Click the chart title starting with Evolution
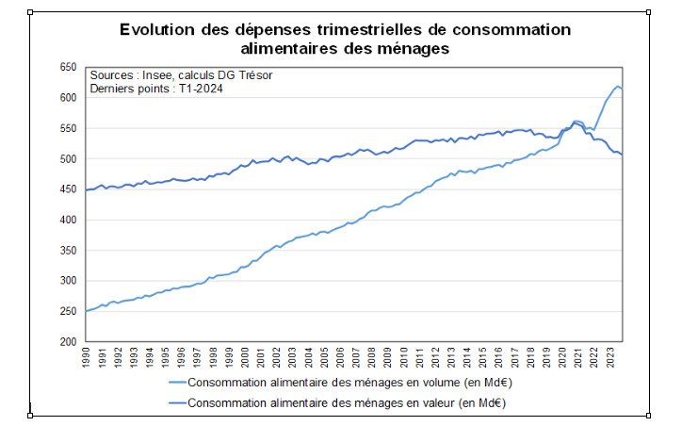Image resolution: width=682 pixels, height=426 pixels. point(345,38)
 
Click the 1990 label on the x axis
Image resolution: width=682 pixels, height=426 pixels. point(87,359)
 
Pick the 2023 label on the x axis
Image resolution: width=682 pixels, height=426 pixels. point(613,359)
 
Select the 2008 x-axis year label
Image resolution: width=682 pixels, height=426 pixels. point(374,359)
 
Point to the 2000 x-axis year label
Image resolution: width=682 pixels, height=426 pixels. point(246,359)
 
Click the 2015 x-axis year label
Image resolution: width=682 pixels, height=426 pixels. point(485,359)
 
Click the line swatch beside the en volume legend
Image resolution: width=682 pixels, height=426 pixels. point(176,383)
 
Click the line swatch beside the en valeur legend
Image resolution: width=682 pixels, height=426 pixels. point(176,403)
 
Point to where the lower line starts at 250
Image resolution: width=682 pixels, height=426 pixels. point(86,311)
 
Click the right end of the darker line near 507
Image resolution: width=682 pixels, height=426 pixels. point(623,155)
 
